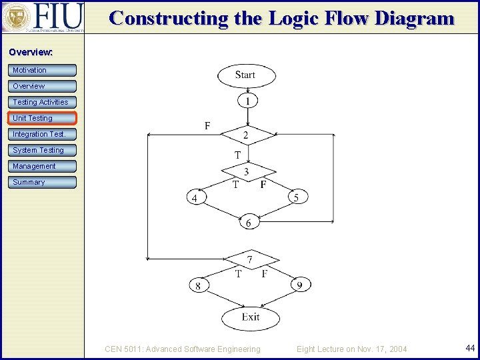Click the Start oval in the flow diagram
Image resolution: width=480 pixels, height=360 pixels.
pos(245,75)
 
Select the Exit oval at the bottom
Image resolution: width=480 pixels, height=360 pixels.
pos(251,317)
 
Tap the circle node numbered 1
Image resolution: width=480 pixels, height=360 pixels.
pos(247,101)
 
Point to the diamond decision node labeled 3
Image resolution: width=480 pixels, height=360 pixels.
pos(247,172)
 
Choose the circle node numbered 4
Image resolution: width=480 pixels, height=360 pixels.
pos(195,197)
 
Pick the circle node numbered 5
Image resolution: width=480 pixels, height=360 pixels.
pos(297,197)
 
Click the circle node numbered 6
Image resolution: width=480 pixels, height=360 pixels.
pos(248,223)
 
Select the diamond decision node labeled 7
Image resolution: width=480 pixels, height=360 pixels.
pos(249,259)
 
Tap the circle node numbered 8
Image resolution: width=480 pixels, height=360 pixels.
pos(197,285)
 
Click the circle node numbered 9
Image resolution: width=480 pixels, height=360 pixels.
pos(299,285)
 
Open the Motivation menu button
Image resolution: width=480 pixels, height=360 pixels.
pos(43,70)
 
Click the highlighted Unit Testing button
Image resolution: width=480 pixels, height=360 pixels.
pos(43,118)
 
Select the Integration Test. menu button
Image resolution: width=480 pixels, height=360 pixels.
pos(43,134)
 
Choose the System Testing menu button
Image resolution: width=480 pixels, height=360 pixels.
pos(43,150)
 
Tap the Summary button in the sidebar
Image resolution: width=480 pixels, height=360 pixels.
pos(43,182)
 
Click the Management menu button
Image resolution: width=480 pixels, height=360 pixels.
pos(43,166)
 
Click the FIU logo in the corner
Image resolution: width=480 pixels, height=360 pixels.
pos(43,17)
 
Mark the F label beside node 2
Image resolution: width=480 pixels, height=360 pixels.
pos(207,125)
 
